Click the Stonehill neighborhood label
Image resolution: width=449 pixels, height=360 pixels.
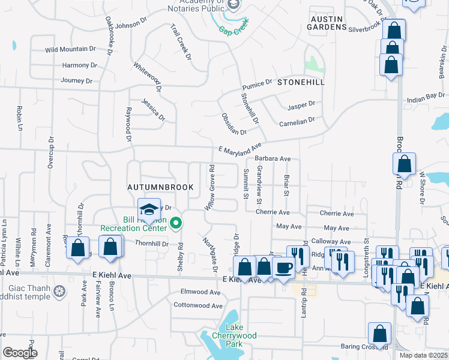point(301,82)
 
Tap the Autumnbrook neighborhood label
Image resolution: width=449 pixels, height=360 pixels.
point(160,187)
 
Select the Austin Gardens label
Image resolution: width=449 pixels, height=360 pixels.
point(327,23)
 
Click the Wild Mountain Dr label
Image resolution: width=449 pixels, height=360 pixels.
point(70,49)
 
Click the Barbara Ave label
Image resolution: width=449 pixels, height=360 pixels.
point(273,159)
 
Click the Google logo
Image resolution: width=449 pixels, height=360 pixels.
point(20,353)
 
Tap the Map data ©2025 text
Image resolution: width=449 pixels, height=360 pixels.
point(423,355)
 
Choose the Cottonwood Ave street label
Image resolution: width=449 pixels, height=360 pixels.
point(198,305)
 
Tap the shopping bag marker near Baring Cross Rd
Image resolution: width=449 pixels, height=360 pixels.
point(379,333)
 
